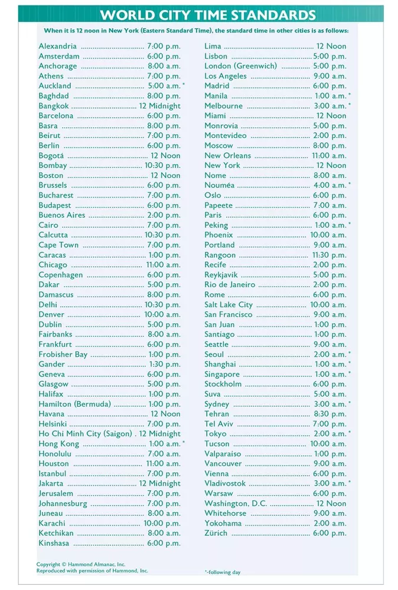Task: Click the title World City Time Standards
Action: click(207, 15)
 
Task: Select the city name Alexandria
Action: click(57, 46)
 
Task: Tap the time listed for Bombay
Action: click(162, 165)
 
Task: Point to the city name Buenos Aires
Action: click(62, 215)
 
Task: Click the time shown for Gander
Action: click(165, 364)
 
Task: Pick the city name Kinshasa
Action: click(54, 543)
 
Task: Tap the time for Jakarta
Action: click(160, 483)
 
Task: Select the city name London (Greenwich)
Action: click(240, 66)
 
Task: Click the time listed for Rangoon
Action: click(329, 255)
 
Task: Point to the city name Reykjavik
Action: click(221, 275)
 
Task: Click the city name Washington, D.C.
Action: click(236, 503)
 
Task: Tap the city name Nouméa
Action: click(219, 185)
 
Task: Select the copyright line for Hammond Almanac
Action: click(81, 564)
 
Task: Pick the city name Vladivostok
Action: click(225, 483)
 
